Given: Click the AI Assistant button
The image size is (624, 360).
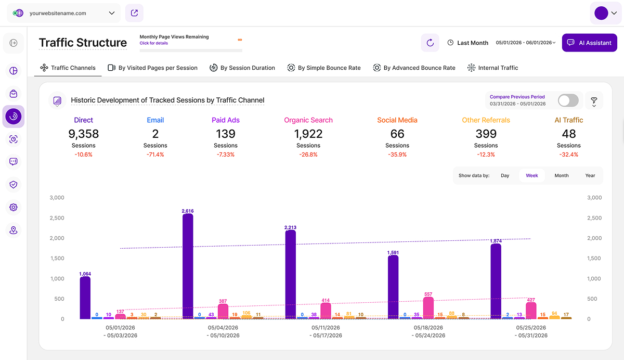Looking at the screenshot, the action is (x=589, y=43).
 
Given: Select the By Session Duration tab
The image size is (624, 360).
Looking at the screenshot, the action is (x=242, y=68).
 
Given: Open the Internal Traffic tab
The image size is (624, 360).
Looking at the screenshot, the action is (x=492, y=68).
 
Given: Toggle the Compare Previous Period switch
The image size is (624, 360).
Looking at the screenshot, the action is (x=568, y=100).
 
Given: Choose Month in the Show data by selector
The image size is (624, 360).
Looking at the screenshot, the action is (x=561, y=175).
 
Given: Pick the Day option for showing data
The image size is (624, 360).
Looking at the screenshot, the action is (x=505, y=175).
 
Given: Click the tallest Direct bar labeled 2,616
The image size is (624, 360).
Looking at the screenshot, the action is (x=188, y=266).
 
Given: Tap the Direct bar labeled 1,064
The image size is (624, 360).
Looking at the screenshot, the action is (x=85, y=298).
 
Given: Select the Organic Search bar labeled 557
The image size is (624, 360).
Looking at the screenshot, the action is (x=428, y=308).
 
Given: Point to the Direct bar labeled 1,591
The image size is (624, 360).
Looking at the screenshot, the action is (x=393, y=287).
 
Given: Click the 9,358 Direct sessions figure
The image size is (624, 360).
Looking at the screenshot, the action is (x=84, y=134).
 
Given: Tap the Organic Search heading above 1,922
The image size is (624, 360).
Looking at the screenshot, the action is (x=308, y=120).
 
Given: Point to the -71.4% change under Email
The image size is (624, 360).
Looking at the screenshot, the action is (x=155, y=155).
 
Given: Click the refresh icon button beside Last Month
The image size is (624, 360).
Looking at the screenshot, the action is (x=430, y=43).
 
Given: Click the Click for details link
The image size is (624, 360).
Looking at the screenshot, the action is (x=154, y=43).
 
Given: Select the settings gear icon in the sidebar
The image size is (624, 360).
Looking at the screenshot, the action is (x=14, y=207).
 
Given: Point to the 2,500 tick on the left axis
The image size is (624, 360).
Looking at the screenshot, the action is (x=57, y=218).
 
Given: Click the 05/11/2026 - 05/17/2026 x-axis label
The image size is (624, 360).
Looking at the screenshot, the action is (x=326, y=331).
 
